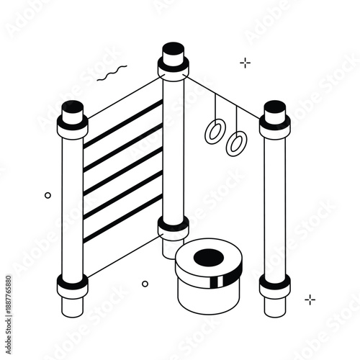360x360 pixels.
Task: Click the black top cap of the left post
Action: [x=72, y=107]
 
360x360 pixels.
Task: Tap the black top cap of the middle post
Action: [x=173, y=51]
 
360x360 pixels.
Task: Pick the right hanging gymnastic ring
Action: [x=236, y=143]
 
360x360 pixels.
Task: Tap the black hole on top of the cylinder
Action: [x=210, y=256]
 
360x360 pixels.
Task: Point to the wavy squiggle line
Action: [x=113, y=72]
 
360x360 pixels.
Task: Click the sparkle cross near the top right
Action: [x=246, y=63]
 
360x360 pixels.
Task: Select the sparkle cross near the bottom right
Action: [x=310, y=300]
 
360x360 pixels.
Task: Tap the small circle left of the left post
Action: [x=48, y=195]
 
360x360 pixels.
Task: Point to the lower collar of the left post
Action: [x=73, y=286]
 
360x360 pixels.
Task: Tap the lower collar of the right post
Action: [x=275, y=284]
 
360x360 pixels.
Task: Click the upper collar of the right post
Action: [x=275, y=128]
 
